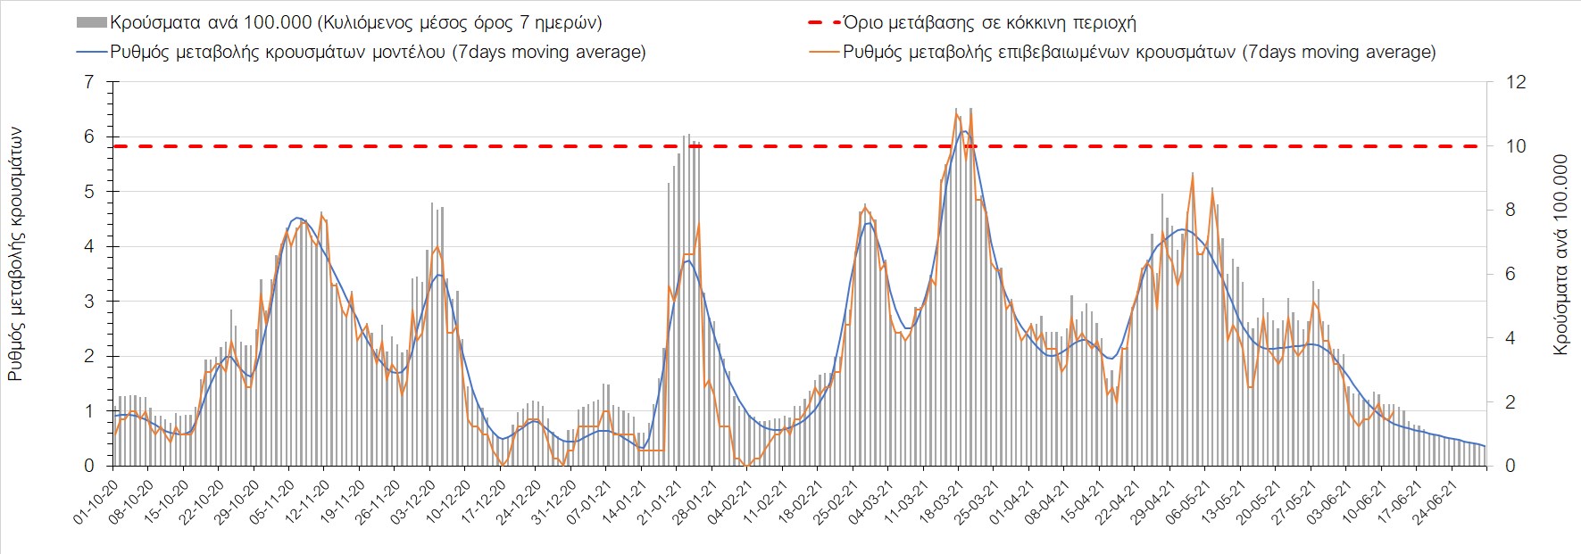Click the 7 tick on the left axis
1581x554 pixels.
click(88, 82)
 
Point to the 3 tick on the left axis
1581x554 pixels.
click(88, 302)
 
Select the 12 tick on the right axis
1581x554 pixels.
click(1516, 82)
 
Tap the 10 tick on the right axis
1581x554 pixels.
click(1516, 146)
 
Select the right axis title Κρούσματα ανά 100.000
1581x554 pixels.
click(1560, 255)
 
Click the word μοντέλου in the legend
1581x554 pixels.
click(400, 52)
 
